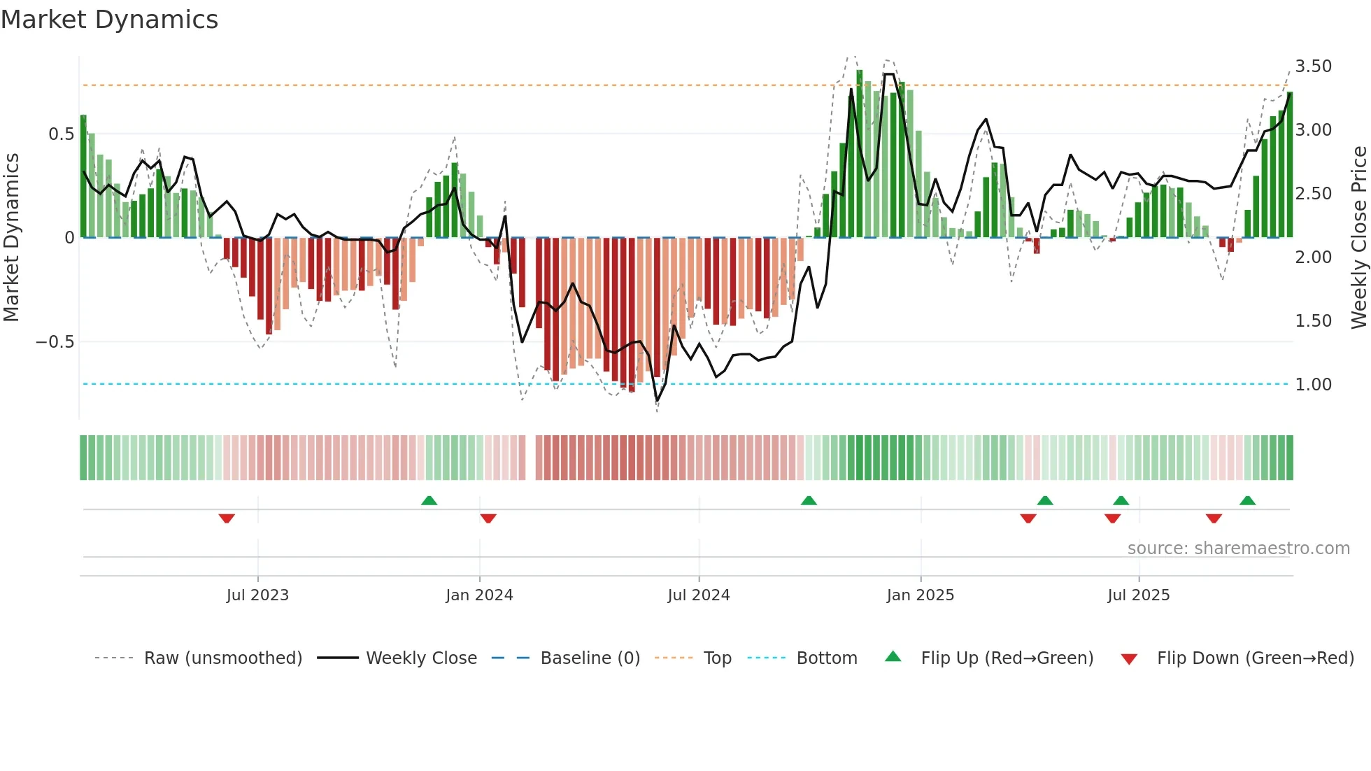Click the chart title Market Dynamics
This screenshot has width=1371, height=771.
tap(110, 20)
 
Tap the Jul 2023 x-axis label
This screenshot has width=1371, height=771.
tap(257, 595)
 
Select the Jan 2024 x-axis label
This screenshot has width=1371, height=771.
tap(479, 595)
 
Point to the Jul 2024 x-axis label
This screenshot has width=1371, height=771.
tap(699, 595)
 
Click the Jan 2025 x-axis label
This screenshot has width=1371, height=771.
tap(920, 595)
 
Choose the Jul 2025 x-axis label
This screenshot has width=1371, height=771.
tap(1138, 595)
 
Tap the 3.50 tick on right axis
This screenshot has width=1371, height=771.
tap(1313, 66)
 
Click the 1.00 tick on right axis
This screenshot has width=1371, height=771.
tap(1313, 385)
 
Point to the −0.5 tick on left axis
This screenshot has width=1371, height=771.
tap(55, 342)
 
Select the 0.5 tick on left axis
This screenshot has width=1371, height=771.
tap(61, 134)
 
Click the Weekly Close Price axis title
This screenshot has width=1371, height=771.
tap(1358, 238)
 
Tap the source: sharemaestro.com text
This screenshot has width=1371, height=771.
tap(1238, 549)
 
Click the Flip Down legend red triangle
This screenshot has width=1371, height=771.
tap(1129, 659)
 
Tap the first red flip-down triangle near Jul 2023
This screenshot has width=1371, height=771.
tap(227, 518)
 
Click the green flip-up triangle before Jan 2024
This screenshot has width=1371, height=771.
tap(429, 500)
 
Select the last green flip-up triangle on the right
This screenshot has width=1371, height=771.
tap(1247, 500)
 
